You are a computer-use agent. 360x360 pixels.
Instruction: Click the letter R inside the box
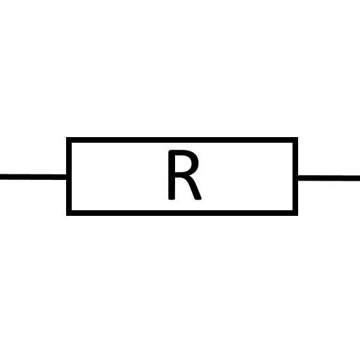(x=184, y=175)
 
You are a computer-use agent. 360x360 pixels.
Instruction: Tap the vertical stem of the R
(x=172, y=175)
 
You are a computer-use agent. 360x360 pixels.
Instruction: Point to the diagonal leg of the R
(x=193, y=188)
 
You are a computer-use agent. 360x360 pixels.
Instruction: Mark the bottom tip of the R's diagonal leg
(x=198, y=200)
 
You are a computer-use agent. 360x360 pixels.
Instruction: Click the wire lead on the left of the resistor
(x=33, y=176)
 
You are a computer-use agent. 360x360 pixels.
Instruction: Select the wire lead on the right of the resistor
(x=329, y=178)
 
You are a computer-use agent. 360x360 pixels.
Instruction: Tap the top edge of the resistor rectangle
(x=182, y=140)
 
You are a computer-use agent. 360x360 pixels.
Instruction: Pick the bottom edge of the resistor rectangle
(x=182, y=213)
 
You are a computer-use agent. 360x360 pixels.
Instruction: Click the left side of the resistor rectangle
(x=69, y=176)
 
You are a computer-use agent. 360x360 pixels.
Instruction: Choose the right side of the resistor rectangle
(x=295, y=176)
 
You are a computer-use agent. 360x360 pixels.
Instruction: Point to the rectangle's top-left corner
(x=67, y=137)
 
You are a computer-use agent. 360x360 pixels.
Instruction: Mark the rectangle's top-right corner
(x=298, y=137)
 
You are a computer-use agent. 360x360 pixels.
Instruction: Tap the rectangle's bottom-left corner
(x=67, y=215)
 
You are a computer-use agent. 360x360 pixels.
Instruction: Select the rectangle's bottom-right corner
(x=298, y=215)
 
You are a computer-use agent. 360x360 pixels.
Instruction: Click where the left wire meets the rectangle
(x=67, y=177)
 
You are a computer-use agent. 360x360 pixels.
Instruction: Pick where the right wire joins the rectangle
(x=298, y=178)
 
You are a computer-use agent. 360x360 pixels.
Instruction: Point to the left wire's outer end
(x=0, y=176)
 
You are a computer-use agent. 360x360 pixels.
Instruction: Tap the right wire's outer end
(x=359, y=178)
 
